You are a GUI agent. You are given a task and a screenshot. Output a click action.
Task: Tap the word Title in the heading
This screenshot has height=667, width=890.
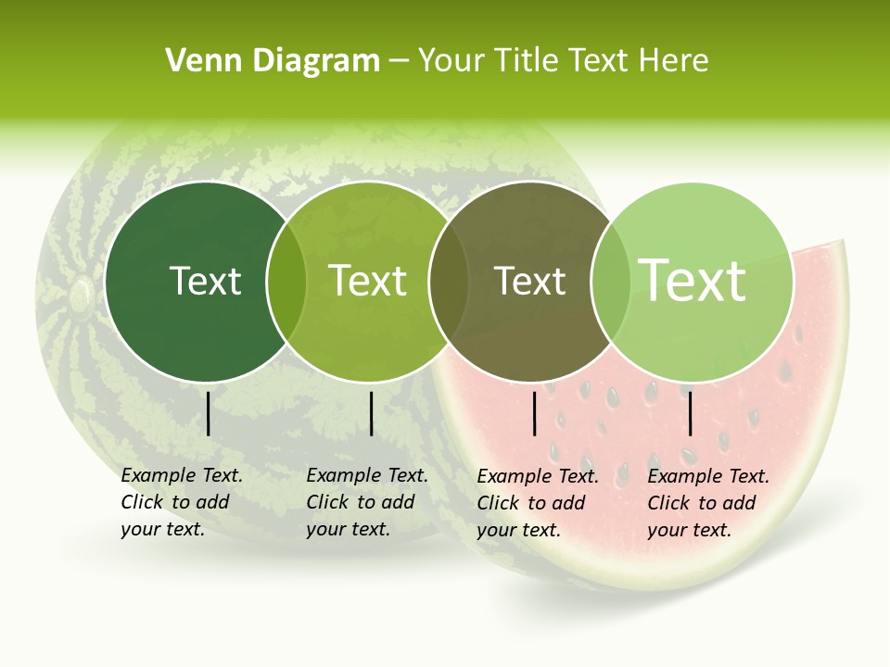(529, 61)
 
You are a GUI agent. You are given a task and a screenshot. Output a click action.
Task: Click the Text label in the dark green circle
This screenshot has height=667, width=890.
(205, 281)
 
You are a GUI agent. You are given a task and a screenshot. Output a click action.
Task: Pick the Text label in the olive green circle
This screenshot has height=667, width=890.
(368, 281)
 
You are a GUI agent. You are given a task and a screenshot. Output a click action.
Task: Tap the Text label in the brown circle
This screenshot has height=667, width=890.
(530, 281)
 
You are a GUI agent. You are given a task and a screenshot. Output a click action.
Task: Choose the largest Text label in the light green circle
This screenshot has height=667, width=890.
(693, 280)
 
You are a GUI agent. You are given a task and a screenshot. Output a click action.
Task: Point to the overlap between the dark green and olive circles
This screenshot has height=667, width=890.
(286, 282)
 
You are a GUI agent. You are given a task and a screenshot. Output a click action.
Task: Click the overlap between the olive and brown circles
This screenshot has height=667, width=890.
(449, 282)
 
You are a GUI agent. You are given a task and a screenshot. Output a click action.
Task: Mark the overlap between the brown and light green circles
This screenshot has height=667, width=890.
(611, 282)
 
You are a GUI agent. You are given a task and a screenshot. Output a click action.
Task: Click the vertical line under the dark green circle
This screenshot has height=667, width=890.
(208, 413)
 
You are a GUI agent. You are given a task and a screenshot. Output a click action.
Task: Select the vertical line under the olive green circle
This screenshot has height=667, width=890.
(371, 413)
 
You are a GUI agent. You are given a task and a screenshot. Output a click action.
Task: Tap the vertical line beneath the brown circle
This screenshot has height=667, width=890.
(534, 413)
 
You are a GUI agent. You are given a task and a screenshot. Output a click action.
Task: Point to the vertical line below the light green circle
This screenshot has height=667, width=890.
(690, 413)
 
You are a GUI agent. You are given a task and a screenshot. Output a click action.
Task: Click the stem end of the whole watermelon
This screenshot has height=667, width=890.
(81, 294)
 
